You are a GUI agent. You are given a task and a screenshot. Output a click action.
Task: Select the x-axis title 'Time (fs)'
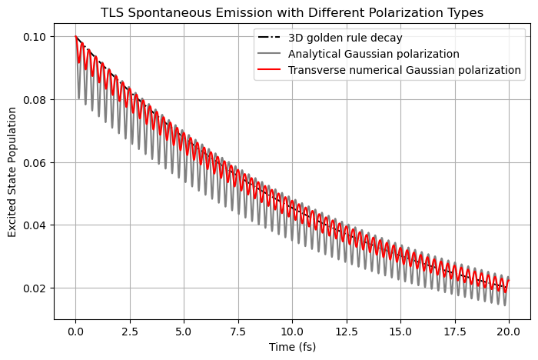pos(291,347)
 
